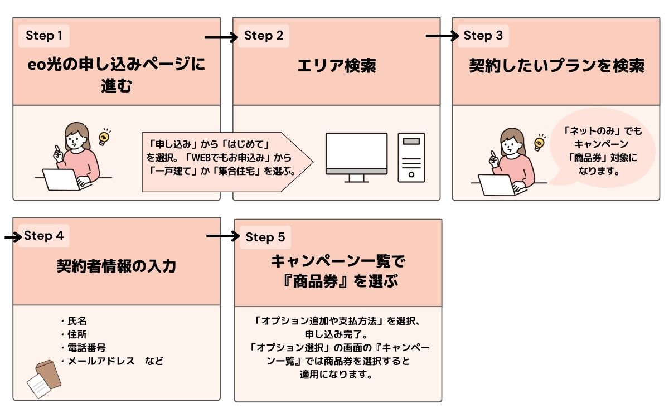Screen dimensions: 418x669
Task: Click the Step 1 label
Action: (44, 36)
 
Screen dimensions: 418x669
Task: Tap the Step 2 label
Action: (264, 36)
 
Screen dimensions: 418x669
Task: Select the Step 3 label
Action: (483, 36)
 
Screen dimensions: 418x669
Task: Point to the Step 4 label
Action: (43, 236)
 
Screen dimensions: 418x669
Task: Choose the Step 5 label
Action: (265, 237)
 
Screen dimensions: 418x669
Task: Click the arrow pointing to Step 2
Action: (221, 37)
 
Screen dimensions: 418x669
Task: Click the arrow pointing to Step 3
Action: (442, 37)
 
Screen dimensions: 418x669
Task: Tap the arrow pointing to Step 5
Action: (222, 237)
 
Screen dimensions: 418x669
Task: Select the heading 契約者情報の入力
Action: (117, 266)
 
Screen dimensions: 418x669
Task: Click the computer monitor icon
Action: (356, 157)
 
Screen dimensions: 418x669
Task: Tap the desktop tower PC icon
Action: (411, 157)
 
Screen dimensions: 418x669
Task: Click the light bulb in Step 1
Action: (104, 137)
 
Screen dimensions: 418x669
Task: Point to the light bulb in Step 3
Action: (539, 142)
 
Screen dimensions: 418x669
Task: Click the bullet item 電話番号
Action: (85, 348)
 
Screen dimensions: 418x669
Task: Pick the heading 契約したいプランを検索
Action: (556, 66)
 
